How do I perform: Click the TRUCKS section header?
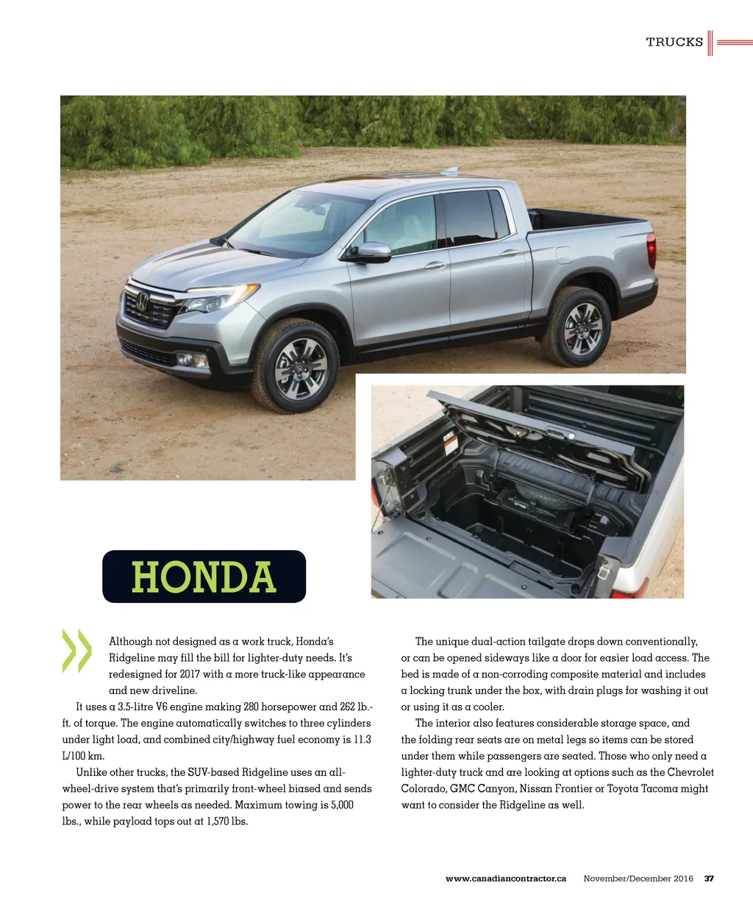click(674, 42)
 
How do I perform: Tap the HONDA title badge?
click(204, 577)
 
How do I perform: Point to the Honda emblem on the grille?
click(143, 301)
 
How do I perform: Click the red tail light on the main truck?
click(651, 250)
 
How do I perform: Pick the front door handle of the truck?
click(434, 265)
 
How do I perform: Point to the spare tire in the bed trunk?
click(544, 495)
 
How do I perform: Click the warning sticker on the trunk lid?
click(449, 443)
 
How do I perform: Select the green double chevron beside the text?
click(77, 651)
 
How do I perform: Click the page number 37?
click(710, 879)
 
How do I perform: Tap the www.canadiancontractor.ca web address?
click(506, 879)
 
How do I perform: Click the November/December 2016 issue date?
click(638, 879)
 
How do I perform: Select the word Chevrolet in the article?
click(690, 772)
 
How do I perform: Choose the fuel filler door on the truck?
click(564, 254)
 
